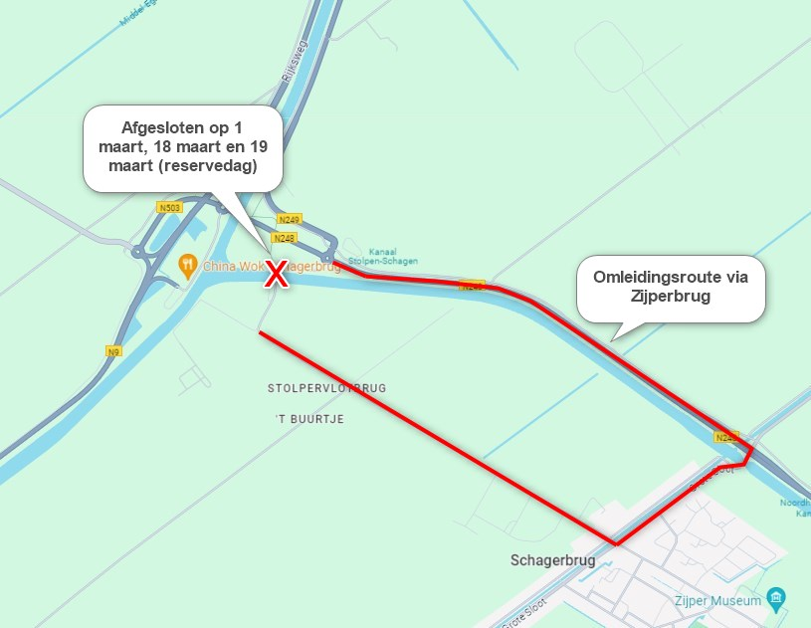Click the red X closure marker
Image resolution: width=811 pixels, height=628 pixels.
pos(276,275)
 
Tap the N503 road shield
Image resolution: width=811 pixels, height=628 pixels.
pos(168,207)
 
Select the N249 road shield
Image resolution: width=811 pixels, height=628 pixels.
pos(290,219)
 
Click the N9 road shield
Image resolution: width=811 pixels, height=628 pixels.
pos(113,351)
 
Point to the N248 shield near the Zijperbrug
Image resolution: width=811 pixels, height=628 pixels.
pos(725,437)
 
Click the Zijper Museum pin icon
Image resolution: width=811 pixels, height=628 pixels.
pos(777,599)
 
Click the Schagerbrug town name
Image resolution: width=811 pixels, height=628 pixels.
pos(552,560)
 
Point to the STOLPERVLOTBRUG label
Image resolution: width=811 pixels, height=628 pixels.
pos(325,387)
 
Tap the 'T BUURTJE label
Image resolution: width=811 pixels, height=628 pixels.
pos(309,419)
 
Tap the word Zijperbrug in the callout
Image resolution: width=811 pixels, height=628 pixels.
pos(673,296)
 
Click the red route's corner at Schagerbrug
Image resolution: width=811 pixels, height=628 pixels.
pos(616,543)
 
